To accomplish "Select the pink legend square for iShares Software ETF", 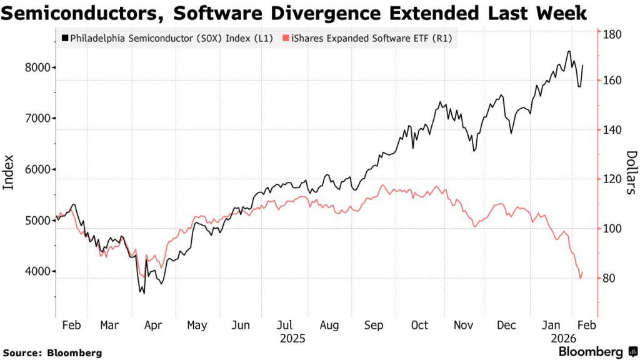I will tap(286, 39).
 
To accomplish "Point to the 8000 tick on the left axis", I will tap(39, 67).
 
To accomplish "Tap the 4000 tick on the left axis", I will tap(39, 271).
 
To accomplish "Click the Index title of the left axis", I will tap(9, 172).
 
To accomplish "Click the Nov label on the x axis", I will tap(464, 326).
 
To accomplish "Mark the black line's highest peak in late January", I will tap(569, 51).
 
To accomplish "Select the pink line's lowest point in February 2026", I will tap(581, 279).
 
